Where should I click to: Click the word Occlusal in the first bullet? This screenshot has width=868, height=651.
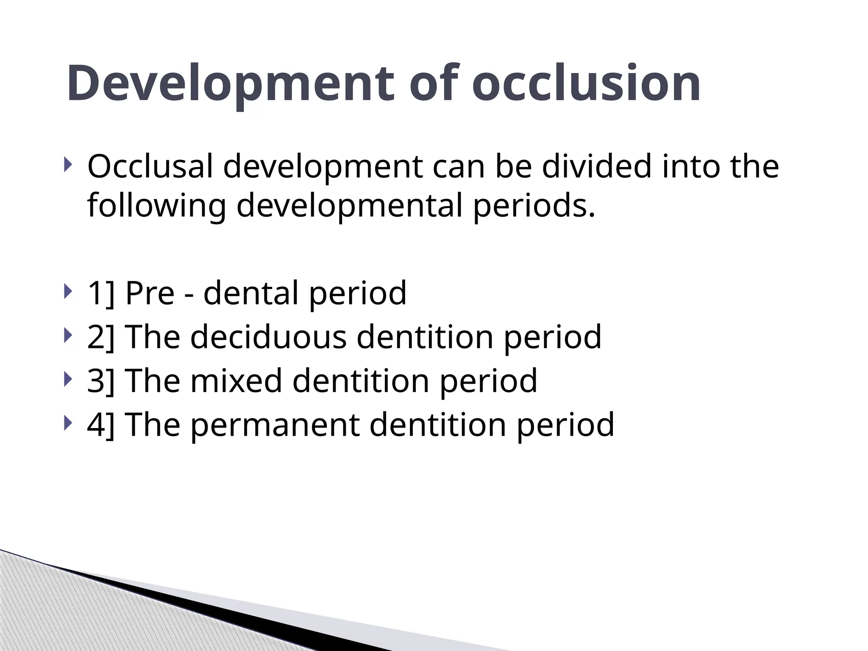tap(150, 166)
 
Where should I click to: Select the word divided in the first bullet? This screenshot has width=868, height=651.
tap(596, 166)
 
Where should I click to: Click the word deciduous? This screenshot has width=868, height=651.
tap(268, 337)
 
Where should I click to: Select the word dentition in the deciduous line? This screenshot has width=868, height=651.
tap(425, 337)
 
